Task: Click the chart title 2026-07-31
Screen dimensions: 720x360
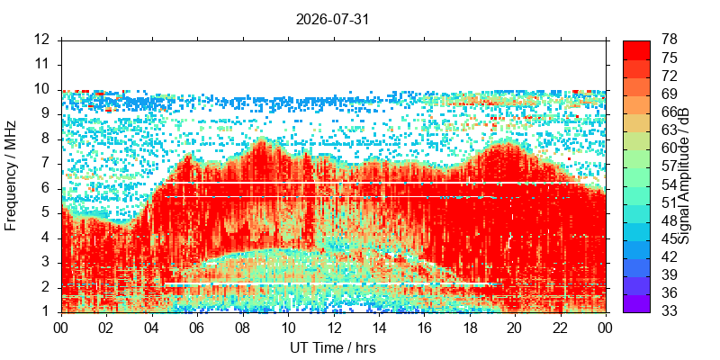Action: point(332,20)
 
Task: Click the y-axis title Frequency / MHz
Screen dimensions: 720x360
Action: point(11,175)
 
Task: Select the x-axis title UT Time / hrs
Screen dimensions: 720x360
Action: point(333,347)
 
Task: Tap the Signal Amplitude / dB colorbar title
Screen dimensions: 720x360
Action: point(686,175)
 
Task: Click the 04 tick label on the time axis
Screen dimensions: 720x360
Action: point(152,327)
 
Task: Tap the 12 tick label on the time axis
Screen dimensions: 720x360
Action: point(334,327)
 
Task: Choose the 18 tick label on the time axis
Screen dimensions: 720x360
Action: point(470,327)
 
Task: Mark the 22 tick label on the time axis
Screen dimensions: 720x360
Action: point(561,327)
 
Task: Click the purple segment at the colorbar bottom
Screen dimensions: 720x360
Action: point(636,303)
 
